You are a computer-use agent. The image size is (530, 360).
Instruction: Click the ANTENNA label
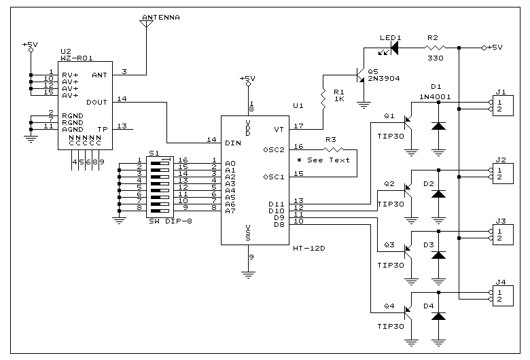[162, 17]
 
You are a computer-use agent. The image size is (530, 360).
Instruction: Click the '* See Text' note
[324, 160]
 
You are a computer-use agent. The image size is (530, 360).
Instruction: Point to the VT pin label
[278, 128]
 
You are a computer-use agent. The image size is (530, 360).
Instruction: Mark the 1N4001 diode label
[436, 95]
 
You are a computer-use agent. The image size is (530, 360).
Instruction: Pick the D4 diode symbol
[438, 316]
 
